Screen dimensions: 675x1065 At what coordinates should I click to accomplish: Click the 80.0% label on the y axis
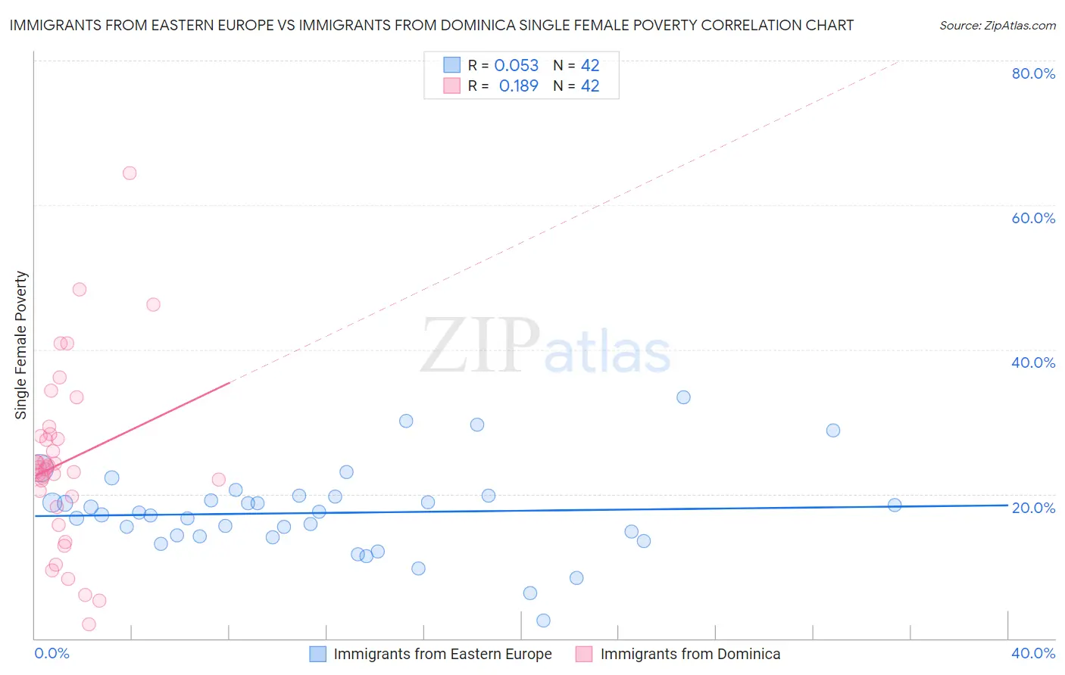point(1033,73)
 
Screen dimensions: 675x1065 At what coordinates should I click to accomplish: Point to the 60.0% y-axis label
point(1033,218)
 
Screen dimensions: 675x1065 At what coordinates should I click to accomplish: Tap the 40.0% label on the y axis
point(1033,362)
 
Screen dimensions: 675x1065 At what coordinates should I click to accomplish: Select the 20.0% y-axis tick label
point(1033,508)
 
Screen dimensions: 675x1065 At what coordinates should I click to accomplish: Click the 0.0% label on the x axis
point(52,653)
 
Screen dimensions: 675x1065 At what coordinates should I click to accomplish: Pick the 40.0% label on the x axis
point(1033,653)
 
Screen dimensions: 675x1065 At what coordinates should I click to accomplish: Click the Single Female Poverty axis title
point(21,345)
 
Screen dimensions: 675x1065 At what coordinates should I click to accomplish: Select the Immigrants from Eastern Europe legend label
point(442,654)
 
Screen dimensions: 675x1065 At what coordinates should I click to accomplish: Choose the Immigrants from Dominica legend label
point(690,654)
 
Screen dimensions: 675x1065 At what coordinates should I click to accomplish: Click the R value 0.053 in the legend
point(516,66)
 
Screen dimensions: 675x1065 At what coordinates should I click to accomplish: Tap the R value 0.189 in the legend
point(518,86)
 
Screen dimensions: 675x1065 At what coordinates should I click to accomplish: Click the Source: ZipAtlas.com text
point(997,26)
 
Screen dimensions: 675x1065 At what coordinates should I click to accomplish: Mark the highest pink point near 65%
point(130,173)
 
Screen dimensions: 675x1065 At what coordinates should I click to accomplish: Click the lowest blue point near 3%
point(543,621)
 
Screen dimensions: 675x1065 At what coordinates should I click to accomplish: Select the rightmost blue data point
point(895,505)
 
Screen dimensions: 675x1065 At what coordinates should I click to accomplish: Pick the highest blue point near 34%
point(683,397)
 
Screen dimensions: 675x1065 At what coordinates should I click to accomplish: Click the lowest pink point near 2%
point(89,624)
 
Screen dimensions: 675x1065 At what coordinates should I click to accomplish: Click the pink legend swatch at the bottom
point(583,654)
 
